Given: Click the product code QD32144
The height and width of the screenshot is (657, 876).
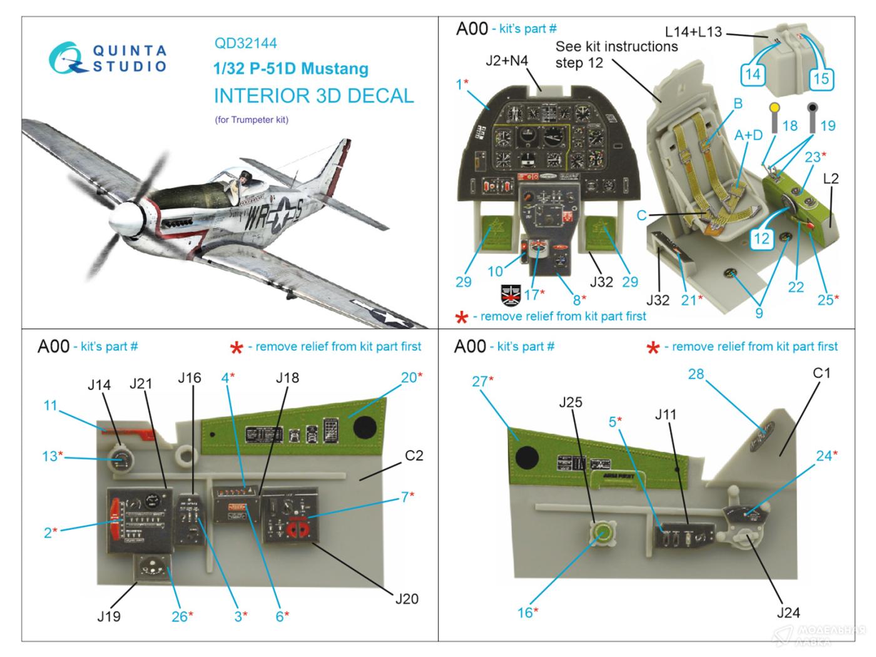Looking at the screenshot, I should tap(245, 43).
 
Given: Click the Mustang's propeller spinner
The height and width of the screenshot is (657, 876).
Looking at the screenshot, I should tap(123, 220).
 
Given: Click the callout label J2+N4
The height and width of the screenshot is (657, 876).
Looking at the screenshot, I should tap(507, 61).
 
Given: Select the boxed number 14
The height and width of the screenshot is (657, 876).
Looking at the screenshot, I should tap(753, 74).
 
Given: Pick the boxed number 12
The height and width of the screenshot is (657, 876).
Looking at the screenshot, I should tap(761, 238).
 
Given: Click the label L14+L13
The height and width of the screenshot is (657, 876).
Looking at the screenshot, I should tap(693, 31).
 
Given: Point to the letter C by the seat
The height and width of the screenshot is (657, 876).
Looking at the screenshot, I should tap(641, 215).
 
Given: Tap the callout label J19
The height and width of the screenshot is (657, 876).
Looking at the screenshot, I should tap(109, 616).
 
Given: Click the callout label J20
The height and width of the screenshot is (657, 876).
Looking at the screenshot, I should tap(407, 599).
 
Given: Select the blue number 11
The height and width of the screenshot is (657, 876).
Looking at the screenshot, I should tap(50, 405).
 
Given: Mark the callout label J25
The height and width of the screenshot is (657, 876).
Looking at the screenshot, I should tap(570, 402).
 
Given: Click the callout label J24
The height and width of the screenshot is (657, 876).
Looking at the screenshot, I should tap(788, 613).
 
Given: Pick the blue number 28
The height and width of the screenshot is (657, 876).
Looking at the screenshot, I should tap(696, 374).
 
